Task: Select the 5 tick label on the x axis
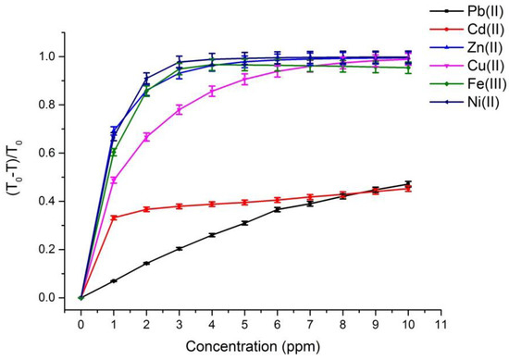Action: click(244, 325)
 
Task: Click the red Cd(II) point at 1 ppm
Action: click(114, 217)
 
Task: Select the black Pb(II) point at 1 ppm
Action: click(114, 281)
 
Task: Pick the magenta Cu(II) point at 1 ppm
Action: click(114, 180)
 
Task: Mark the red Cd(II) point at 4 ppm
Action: click(212, 204)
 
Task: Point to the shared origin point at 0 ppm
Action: click(81, 297)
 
